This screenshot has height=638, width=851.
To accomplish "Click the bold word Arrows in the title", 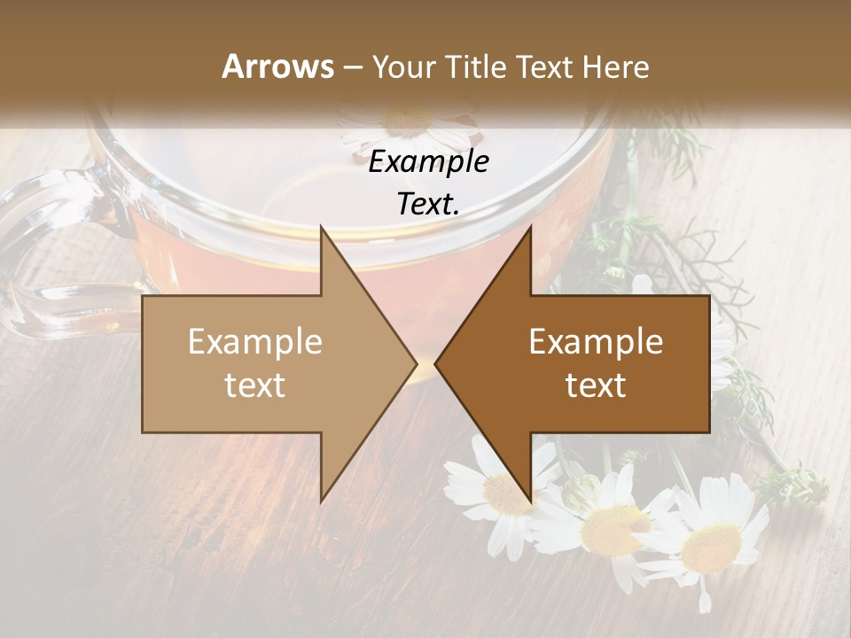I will pyautogui.click(x=277, y=66).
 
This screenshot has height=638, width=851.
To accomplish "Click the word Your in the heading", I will pyautogui.click(x=403, y=66).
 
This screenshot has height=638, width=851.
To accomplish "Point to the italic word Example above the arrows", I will pyautogui.click(x=429, y=162).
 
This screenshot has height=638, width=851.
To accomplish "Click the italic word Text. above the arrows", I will pyautogui.click(x=429, y=205).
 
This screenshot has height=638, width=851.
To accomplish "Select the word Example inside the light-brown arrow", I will pyautogui.click(x=255, y=342).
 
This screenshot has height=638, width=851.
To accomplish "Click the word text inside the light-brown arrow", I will pyautogui.click(x=255, y=385).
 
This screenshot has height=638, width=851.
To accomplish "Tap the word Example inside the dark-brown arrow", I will pyautogui.click(x=596, y=342).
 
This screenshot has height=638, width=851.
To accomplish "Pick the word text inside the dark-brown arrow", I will pyautogui.click(x=596, y=385).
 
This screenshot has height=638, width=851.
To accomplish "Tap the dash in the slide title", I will pyautogui.click(x=352, y=66).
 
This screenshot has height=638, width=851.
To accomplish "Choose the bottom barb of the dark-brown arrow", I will pyautogui.click(x=529, y=496).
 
